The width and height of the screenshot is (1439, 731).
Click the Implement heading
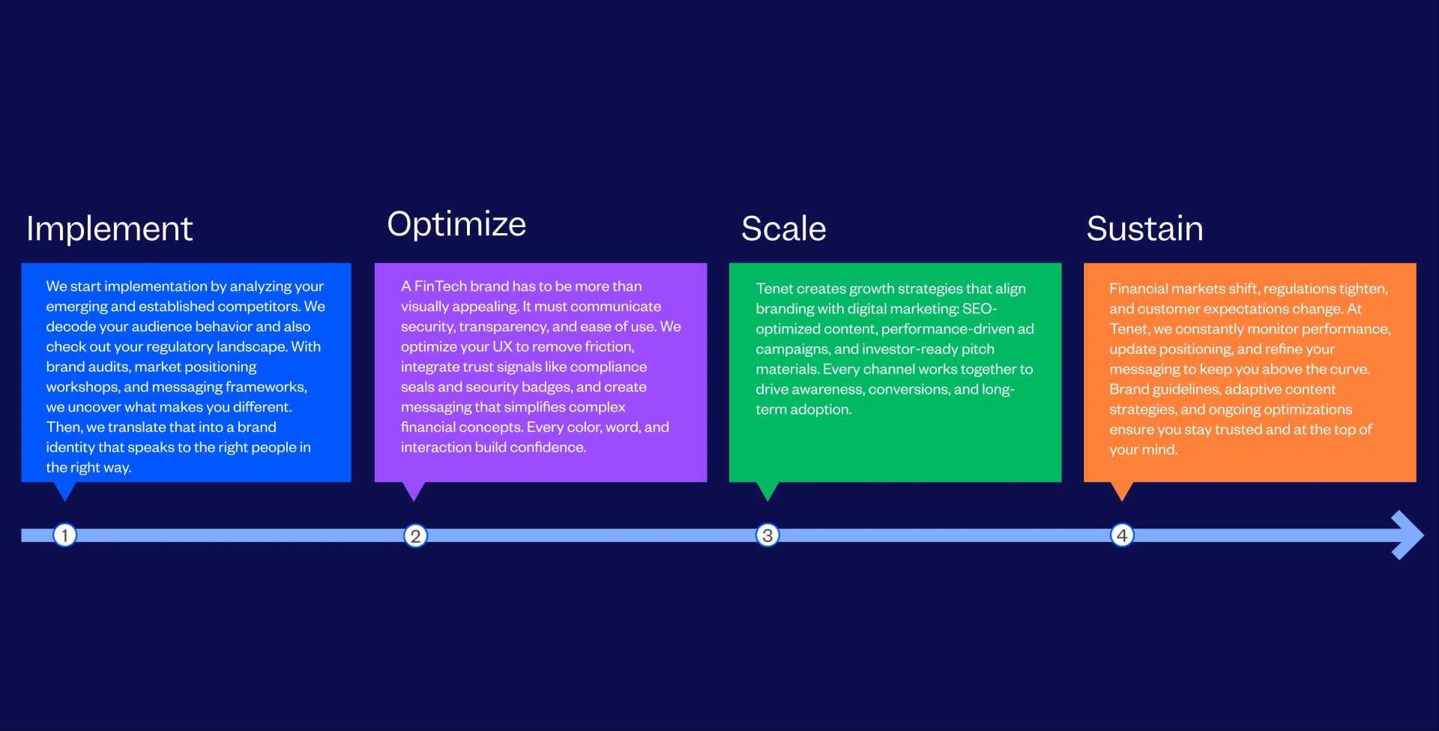coord(109,229)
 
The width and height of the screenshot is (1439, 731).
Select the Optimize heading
coord(456,224)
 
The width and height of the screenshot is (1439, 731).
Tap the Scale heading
coord(783,229)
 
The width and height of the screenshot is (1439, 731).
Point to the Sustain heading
coord(1144,229)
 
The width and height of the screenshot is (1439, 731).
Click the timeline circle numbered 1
coord(65,535)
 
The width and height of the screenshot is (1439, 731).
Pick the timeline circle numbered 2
coord(415,536)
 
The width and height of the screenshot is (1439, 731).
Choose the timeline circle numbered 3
coord(767,535)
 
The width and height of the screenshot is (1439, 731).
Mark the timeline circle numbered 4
coord(1122,535)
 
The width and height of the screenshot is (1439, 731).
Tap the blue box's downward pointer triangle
coord(65,490)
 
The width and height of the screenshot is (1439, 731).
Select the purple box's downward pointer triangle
coord(414,490)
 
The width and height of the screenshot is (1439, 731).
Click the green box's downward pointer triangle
coord(767,490)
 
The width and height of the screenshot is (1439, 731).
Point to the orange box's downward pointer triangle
coord(1122,490)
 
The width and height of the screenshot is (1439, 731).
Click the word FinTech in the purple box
coord(440,286)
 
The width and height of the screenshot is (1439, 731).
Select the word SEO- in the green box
coord(980,309)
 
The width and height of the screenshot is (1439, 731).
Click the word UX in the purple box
coord(502,347)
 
